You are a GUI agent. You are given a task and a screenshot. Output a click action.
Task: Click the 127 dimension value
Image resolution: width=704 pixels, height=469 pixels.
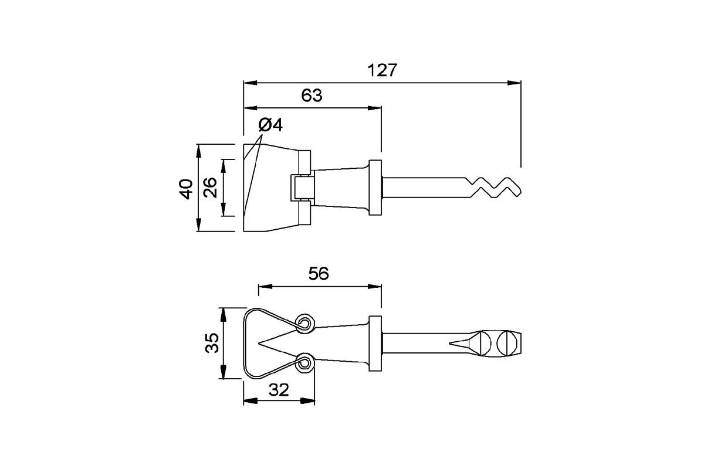(383, 70)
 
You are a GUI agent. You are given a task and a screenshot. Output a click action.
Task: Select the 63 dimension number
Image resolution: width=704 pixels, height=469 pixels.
(312, 96)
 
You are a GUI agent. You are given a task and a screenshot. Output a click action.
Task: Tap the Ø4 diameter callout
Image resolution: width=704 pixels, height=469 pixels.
(270, 125)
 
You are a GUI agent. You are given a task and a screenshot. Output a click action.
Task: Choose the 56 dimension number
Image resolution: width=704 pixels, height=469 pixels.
(319, 274)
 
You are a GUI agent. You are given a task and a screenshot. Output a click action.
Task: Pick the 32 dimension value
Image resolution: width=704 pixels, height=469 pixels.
(279, 390)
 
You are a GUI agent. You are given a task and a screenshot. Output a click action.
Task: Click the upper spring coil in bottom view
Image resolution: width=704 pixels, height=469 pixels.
(304, 322)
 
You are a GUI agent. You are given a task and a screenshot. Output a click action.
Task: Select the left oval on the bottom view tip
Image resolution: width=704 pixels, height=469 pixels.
(486, 343)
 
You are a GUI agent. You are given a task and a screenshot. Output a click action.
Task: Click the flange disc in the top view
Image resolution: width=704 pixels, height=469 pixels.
(375, 188)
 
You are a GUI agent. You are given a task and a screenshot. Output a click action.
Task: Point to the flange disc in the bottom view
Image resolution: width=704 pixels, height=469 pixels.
(375, 343)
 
